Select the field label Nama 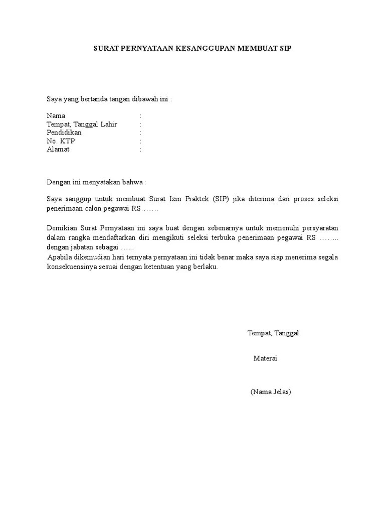pyautogui.click(x=56, y=115)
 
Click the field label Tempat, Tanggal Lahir pyautogui.click(x=82, y=124)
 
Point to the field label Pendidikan pyautogui.click(x=64, y=133)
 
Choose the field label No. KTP pyautogui.click(x=61, y=141)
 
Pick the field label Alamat pyautogui.click(x=58, y=150)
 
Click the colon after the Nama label pyautogui.click(x=141, y=115)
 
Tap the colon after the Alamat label pyautogui.click(x=141, y=150)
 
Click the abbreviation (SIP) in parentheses pyautogui.click(x=220, y=199)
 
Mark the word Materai pyautogui.click(x=265, y=358)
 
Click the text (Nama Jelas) pyautogui.click(x=271, y=392)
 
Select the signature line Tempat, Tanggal pyautogui.click(x=273, y=333)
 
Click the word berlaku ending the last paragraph pyautogui.click(x=206, y=267)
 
